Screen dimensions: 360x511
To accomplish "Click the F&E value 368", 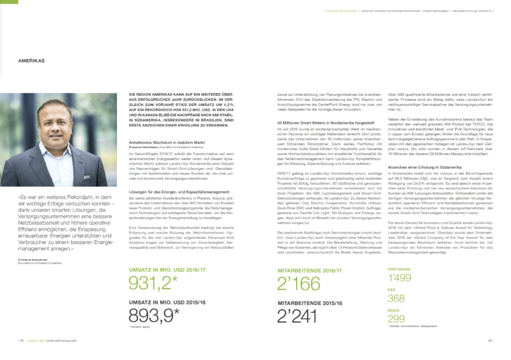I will [396, 299].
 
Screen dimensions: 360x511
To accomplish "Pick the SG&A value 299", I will [396, 319].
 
